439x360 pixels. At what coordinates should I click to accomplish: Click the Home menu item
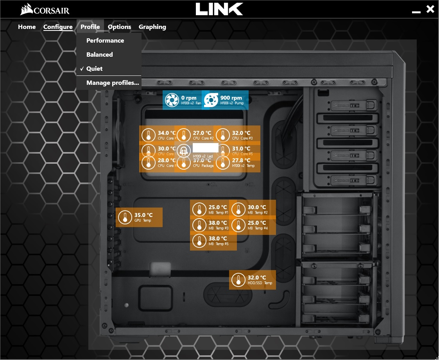click(27, 27)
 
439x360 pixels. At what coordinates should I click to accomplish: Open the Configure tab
click(58, 27)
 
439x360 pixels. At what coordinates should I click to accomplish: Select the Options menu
click(119, 27)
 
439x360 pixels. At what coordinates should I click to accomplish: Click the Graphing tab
click(152, 27)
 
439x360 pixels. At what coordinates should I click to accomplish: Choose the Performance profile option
click(105, 41)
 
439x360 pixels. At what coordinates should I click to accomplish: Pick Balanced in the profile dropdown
click(99, 55)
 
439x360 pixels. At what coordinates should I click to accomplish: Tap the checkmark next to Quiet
click(82, 69)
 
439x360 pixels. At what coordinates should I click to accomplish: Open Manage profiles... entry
click(113, 83)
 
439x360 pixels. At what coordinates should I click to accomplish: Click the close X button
click(430, 9)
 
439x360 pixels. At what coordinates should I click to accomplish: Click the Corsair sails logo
click(27, 9)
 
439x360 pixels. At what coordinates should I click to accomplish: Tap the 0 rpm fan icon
click(171, 100)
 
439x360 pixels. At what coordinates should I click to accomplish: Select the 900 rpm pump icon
click(210, 100)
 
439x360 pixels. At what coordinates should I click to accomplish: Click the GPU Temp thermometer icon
click(125, 217)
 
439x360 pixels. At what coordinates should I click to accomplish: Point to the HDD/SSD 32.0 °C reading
click(256, 278)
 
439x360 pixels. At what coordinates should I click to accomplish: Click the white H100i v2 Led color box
click(206, 148)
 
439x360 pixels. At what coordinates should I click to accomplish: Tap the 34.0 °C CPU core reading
click(167, 133)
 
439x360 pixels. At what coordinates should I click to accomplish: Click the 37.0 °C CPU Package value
click(202, 160)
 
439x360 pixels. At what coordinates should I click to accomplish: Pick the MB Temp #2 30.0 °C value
click(256, 207)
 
